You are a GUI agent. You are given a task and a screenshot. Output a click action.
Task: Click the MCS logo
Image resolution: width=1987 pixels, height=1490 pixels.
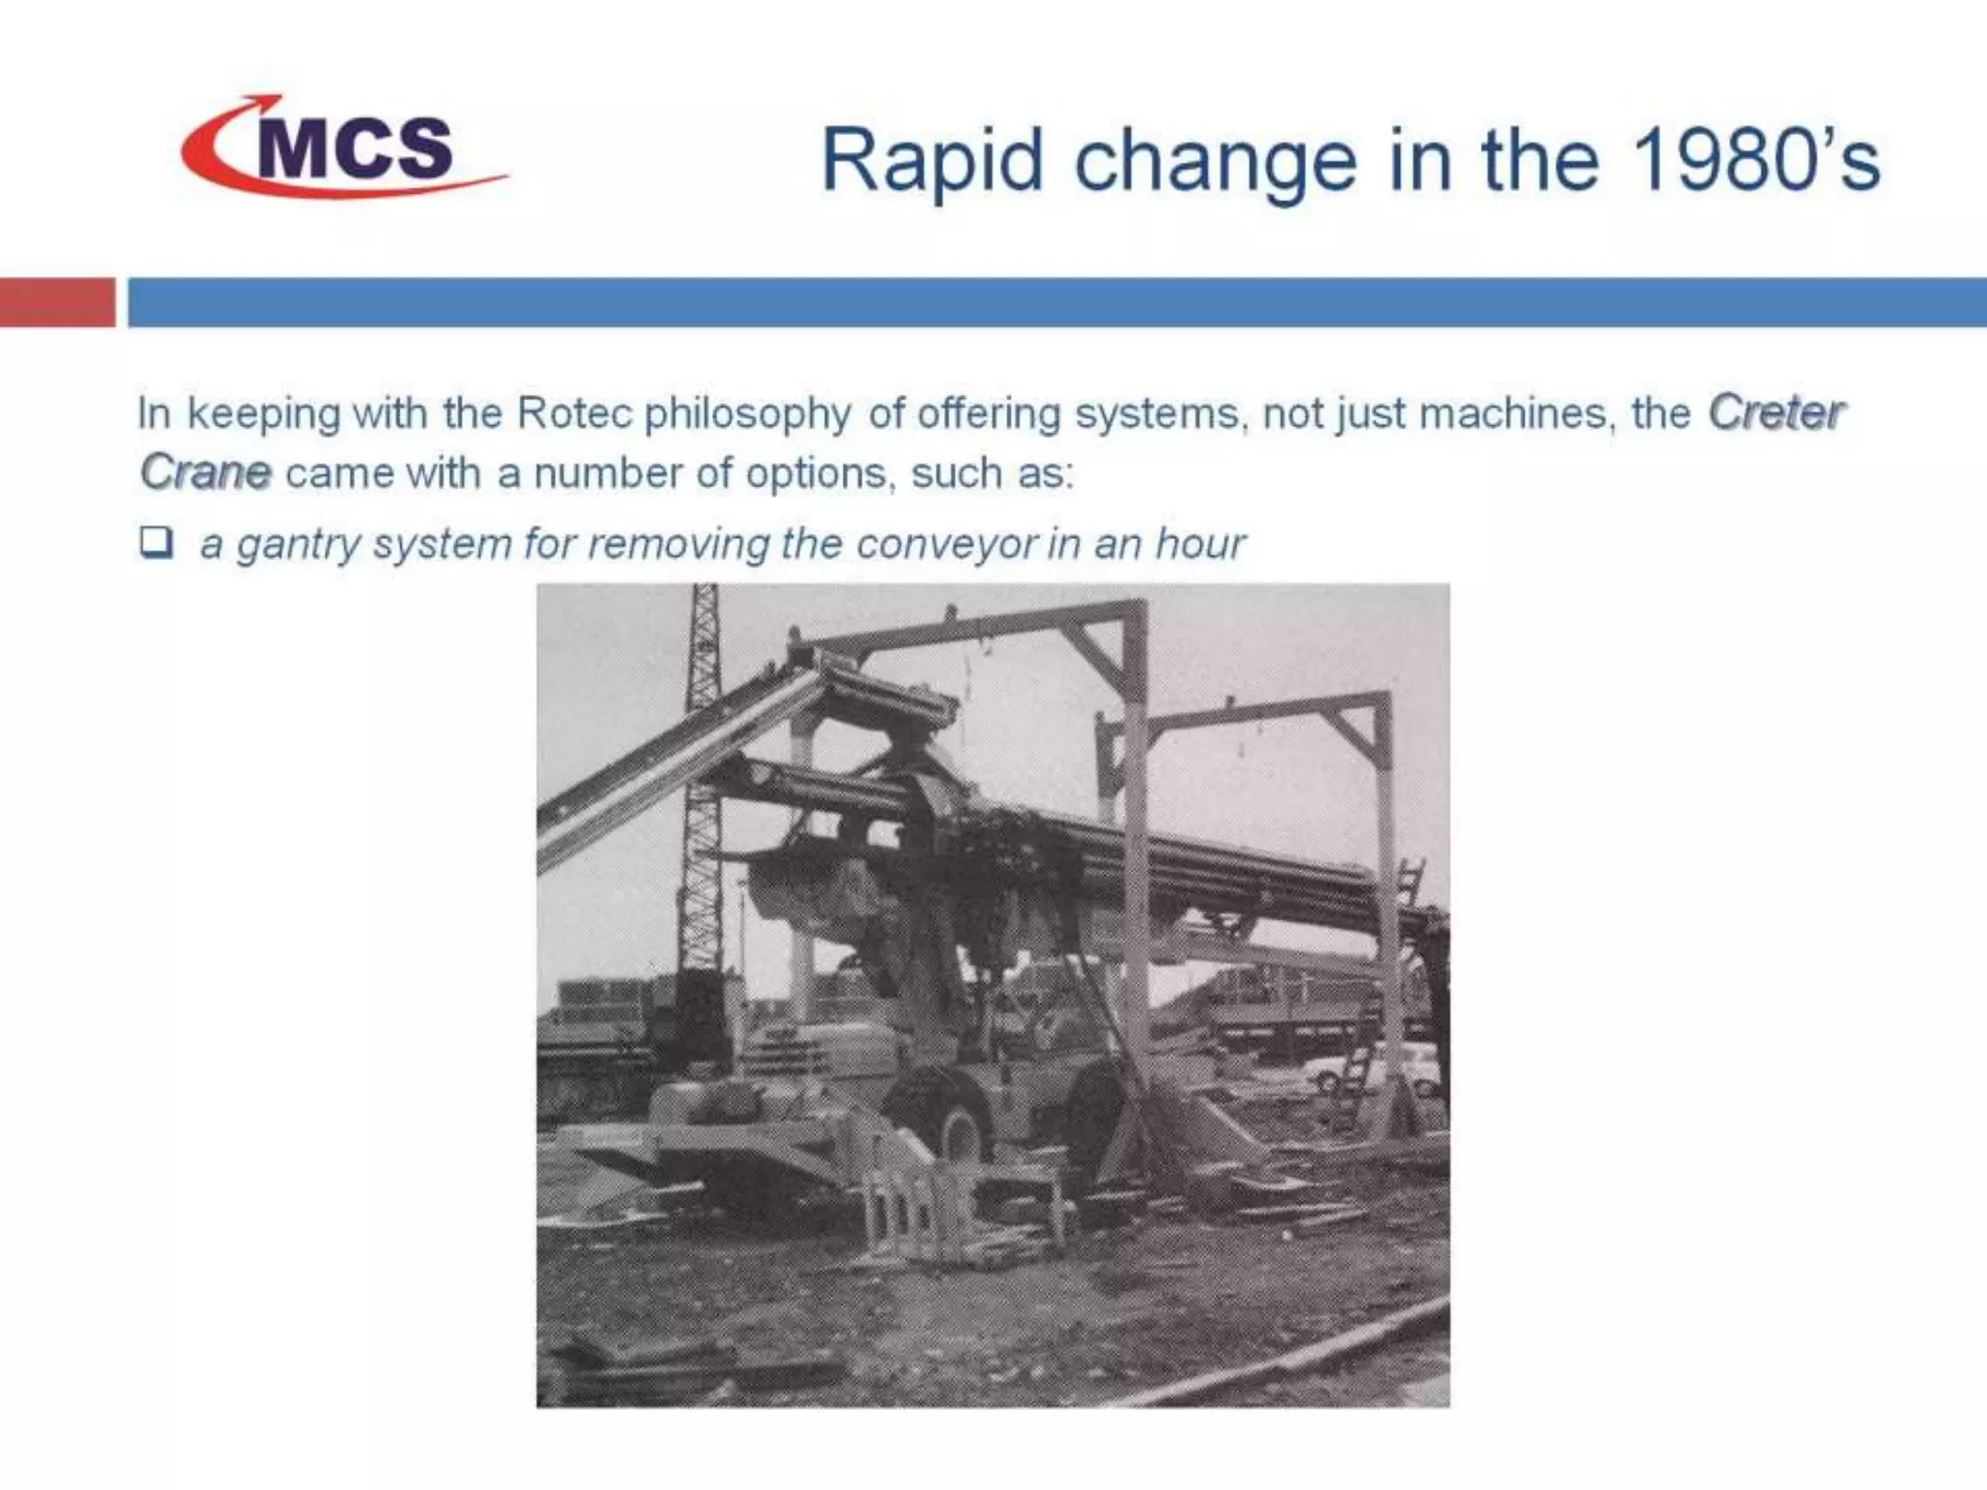click(x=344, y=147)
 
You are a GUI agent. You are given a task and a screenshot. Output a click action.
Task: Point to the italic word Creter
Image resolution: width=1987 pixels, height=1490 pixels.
click(x=1775, y=413)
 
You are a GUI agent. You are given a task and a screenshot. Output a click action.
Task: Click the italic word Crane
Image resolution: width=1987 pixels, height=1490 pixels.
click(x=206, y=472)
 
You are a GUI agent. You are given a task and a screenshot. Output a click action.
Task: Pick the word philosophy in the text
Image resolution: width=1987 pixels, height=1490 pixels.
click(x=748, y=415)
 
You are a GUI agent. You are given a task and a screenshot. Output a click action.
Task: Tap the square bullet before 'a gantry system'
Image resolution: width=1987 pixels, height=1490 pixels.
click(x=155, y=541)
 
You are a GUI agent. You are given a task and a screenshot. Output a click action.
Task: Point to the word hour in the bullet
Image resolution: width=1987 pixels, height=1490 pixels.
click(x=1200, y=543)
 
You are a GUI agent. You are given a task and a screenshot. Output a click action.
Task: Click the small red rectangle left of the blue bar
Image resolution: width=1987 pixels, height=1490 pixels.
click(x=56, y=302)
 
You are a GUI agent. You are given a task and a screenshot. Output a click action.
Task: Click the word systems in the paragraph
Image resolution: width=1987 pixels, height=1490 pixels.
click(x=1157, y=414)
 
